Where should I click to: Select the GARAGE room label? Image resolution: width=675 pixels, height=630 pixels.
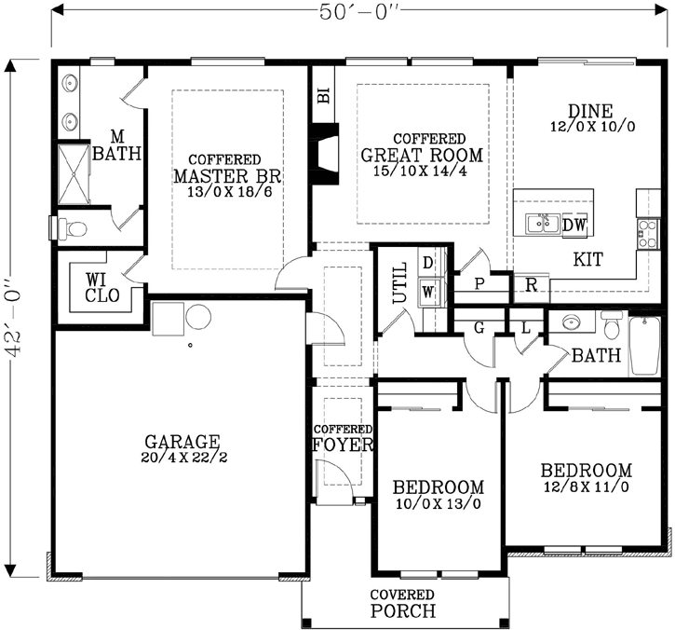coord(182,441)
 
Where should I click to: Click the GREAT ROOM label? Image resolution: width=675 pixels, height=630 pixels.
coord(422,156)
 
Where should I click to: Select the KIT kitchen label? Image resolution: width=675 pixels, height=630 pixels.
coord(587,259)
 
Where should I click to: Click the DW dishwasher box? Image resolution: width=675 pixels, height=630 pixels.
coord(574,225)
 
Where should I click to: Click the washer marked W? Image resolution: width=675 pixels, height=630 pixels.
coord(428,291)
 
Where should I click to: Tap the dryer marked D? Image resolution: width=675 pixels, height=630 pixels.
coord(428,263)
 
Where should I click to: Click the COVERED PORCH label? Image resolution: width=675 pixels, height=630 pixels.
coord(402,604)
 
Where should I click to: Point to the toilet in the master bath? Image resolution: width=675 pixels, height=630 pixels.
coord(74,226)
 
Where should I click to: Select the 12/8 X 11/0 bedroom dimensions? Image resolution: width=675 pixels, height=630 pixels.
coord(587,486)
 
